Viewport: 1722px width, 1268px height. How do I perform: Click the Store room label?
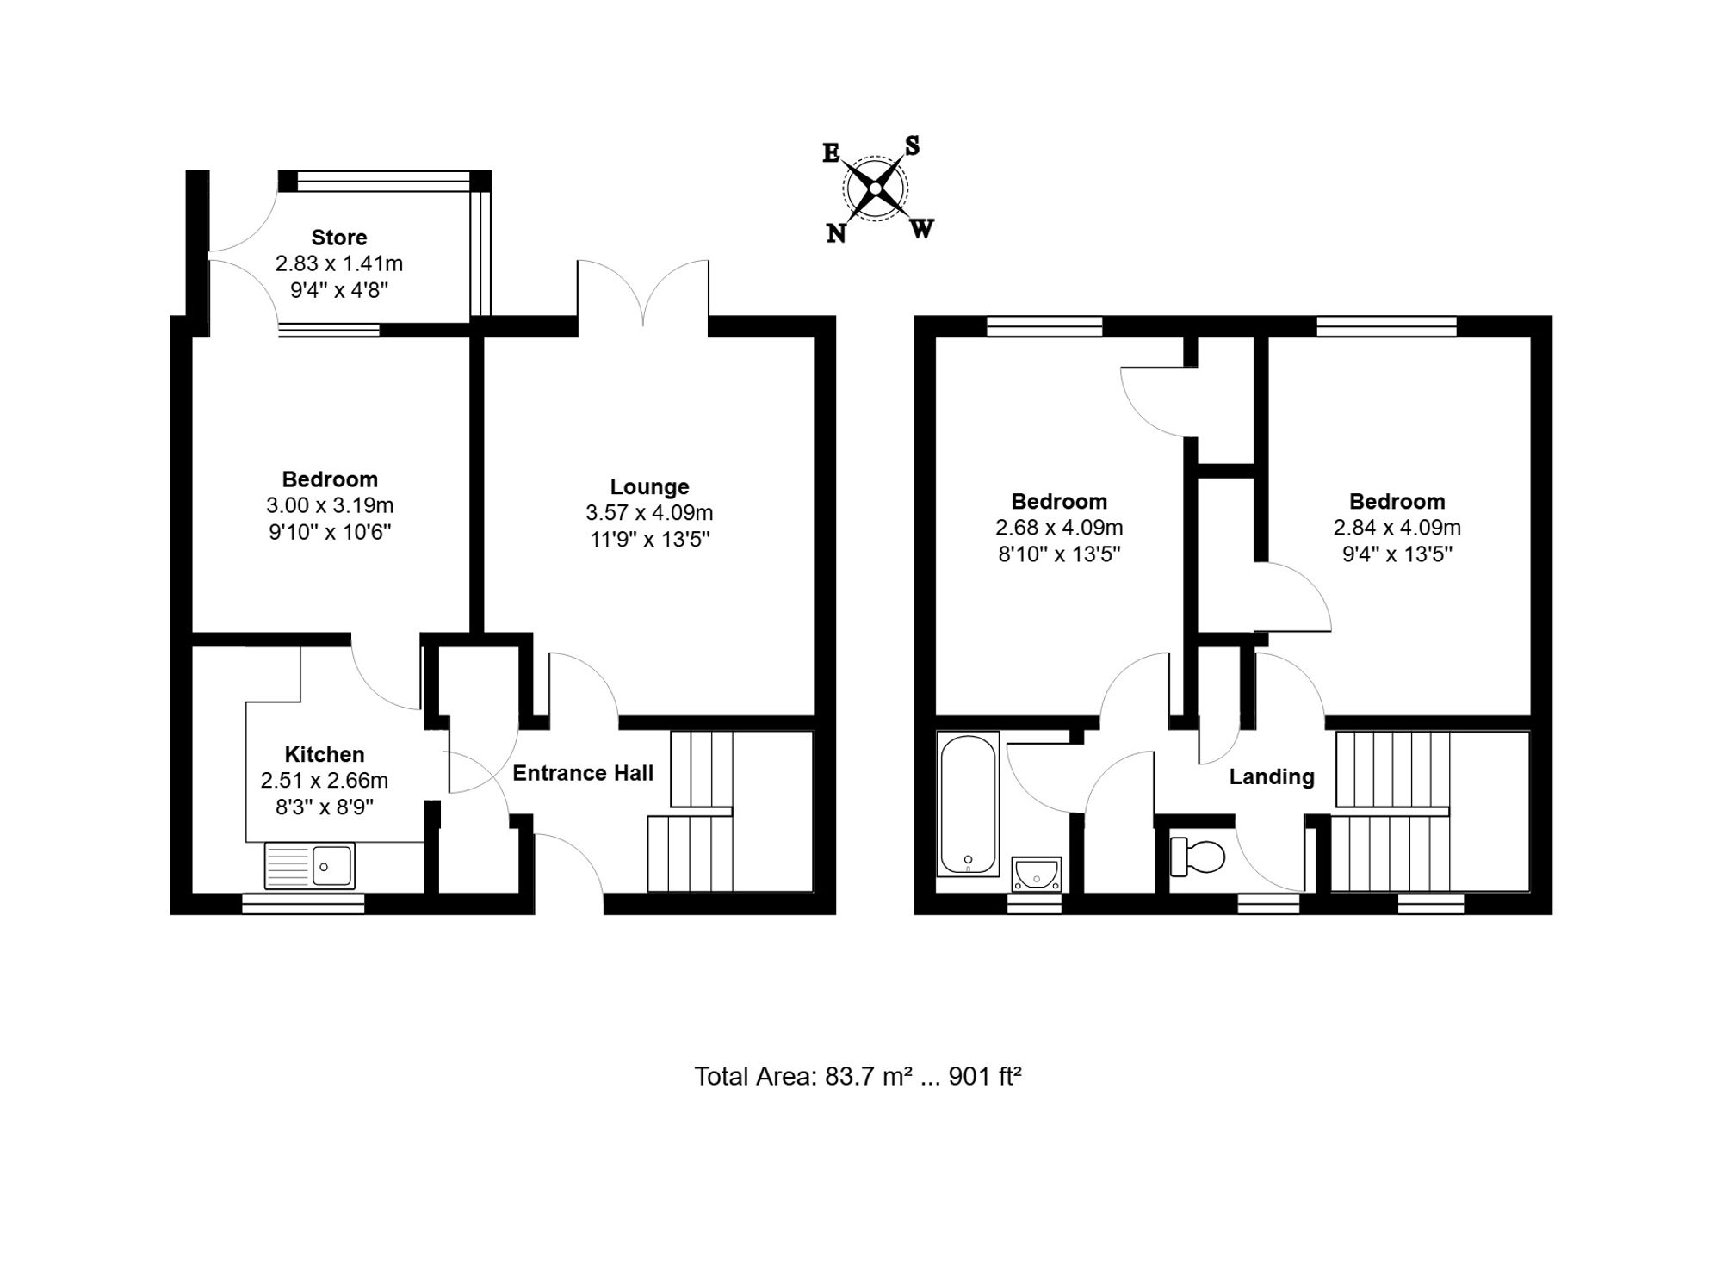point(339,238)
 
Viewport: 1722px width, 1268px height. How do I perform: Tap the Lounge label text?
point(650,487)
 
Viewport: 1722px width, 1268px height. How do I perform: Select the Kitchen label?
point(325,755)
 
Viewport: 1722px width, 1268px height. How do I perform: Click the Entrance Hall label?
point(583,773)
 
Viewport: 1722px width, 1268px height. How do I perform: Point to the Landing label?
point(1272,777)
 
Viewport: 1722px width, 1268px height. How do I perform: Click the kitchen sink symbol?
point(310,865)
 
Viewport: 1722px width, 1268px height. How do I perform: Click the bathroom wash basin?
point(1037,874)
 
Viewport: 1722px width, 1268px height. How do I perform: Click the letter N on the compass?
point(836,232)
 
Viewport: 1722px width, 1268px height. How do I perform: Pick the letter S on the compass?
point(912,146)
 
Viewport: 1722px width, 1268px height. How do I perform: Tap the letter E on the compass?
point(831,153)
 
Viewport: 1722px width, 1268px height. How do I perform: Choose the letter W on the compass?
point(921,229)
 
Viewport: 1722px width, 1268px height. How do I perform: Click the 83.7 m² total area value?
point(869,1076)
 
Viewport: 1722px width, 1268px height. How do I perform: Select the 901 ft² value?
point(985,1076)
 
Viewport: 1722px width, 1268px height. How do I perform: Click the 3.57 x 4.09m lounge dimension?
point(650,513)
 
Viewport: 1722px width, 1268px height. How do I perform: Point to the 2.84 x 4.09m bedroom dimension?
point(1397,527)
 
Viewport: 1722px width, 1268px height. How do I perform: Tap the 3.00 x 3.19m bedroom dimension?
point(330,505)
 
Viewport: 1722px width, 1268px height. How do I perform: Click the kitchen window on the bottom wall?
point(303,903)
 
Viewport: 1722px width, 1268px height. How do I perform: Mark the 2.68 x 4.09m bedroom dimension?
point(1059,527)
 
